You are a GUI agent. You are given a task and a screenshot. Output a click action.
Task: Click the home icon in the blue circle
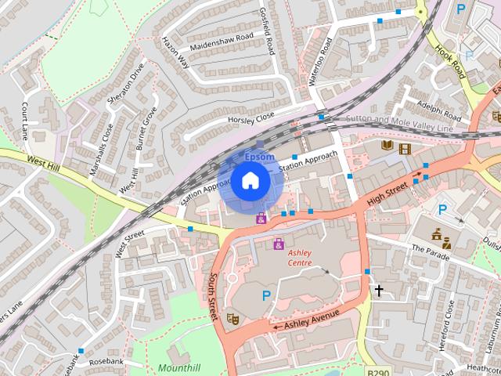pos(250,181)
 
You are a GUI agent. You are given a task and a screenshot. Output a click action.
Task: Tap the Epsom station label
pos(259,157)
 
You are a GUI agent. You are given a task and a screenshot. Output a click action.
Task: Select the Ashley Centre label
pos(300,258)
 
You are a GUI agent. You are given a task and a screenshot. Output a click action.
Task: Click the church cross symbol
pos(380,291)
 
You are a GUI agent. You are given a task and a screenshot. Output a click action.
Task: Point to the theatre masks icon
pos(232,318)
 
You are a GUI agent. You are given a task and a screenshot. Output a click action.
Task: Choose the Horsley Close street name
pos(250,117)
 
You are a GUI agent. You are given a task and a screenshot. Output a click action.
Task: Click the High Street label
pos(387,189)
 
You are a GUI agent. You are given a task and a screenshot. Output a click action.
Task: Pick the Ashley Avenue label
pos(312,319)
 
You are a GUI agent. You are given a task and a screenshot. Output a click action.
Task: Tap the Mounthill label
pos(179,367)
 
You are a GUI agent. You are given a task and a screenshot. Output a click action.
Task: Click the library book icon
pos(387,145)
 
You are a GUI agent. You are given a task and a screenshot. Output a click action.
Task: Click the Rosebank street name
pos(106,362)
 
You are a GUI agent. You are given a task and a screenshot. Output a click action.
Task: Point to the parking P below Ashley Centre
pos(266,295)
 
